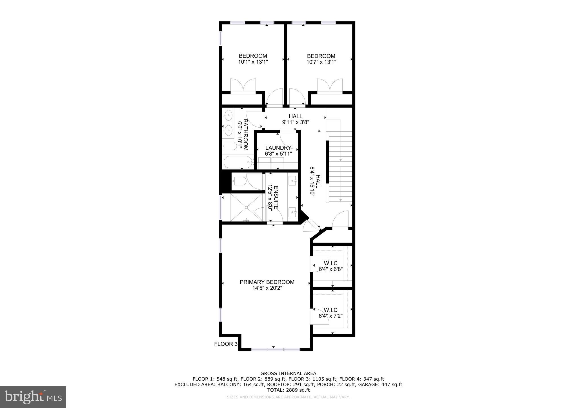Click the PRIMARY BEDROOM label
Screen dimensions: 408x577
pyautogui.click(x=267, y=282)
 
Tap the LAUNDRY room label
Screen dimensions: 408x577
pyautogui.click(x=278, y=148)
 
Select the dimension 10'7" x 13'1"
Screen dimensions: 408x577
pyautogui.click(x=321, y=62)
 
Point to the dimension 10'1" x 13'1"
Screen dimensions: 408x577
pyautogui.click(x=253, y=62)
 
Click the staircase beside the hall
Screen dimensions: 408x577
pyautogui.click(x=340, y=166)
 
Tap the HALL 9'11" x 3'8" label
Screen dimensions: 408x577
pyautogui.click(x=296, y=119)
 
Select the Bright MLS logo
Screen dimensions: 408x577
pyautogui.click(x=33, y=397)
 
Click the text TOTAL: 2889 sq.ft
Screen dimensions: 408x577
pyautogui.click(x=288, y=390)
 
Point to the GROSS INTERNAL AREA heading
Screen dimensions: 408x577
pyautogui.click(x=288, y=374)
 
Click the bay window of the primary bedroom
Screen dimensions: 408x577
pyautogui.click(x=275, y=349)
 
